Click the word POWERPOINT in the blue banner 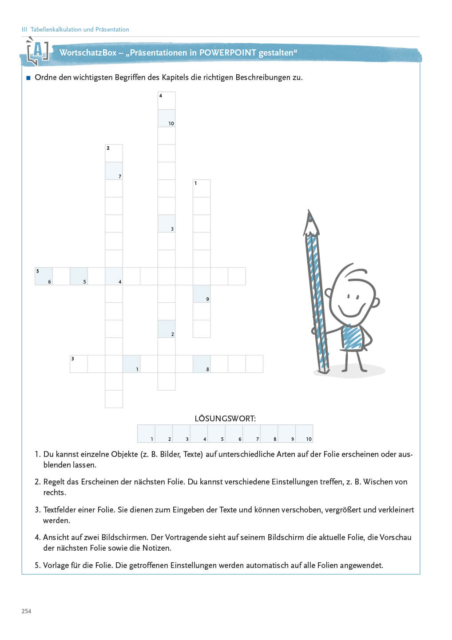(x=227, y=52)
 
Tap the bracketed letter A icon (x=38, y=51)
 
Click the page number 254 (x=27, y=611)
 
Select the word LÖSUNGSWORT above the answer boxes (x=225, y=418)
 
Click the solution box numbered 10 (x=304, y=434)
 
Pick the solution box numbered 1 (x=146, y=434)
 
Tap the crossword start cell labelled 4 (x=167, y=100)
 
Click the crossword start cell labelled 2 (x=114, y=153)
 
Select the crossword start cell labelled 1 (x=202, y=188)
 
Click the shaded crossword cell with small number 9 (x=202, y=294)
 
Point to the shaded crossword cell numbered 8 (x=202, y=364)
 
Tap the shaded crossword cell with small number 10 (x=167, y=118)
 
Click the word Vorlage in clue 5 (x=56, y=565)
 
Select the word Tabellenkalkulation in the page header (x=56, y=29)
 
